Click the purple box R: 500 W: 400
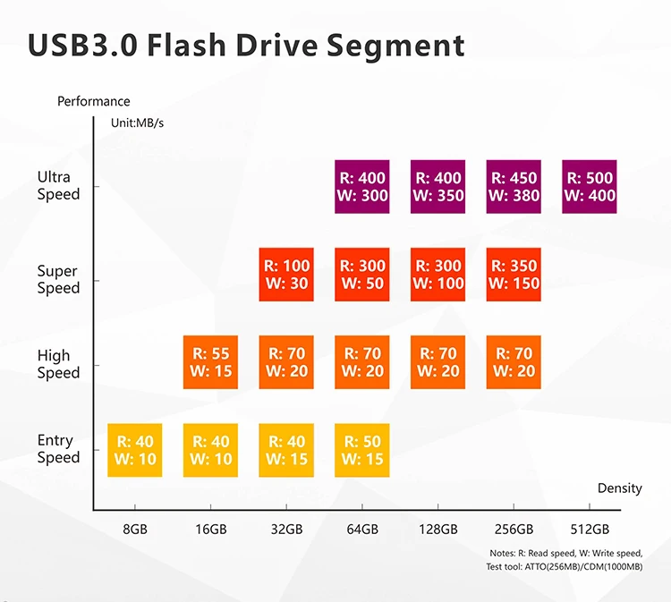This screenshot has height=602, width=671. coord(590,187)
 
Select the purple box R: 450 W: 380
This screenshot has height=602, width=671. coord(514,187)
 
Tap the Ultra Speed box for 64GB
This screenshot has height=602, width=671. coord(362,187)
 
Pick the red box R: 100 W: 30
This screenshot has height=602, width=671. coord(286,274)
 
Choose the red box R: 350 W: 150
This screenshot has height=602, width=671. coord(514,274)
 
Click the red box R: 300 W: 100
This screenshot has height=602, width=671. coord(438,274)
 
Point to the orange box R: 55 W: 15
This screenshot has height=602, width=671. coord(210,361)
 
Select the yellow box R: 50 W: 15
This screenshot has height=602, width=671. coord(362,449)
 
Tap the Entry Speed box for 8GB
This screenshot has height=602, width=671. coord(134,449)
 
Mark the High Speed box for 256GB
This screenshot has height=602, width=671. coord(514,361)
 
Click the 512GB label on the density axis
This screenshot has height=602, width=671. coord(590,529)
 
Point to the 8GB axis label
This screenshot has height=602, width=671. coord(134,529)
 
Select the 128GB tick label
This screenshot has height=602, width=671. coord(438,529)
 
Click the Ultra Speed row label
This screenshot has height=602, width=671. coord(58,185)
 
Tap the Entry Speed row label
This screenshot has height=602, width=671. coord(58,448)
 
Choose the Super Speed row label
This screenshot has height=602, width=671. coord(58,279)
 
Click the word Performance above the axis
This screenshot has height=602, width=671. coord(93,102)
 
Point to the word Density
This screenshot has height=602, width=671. coord(619,488)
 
